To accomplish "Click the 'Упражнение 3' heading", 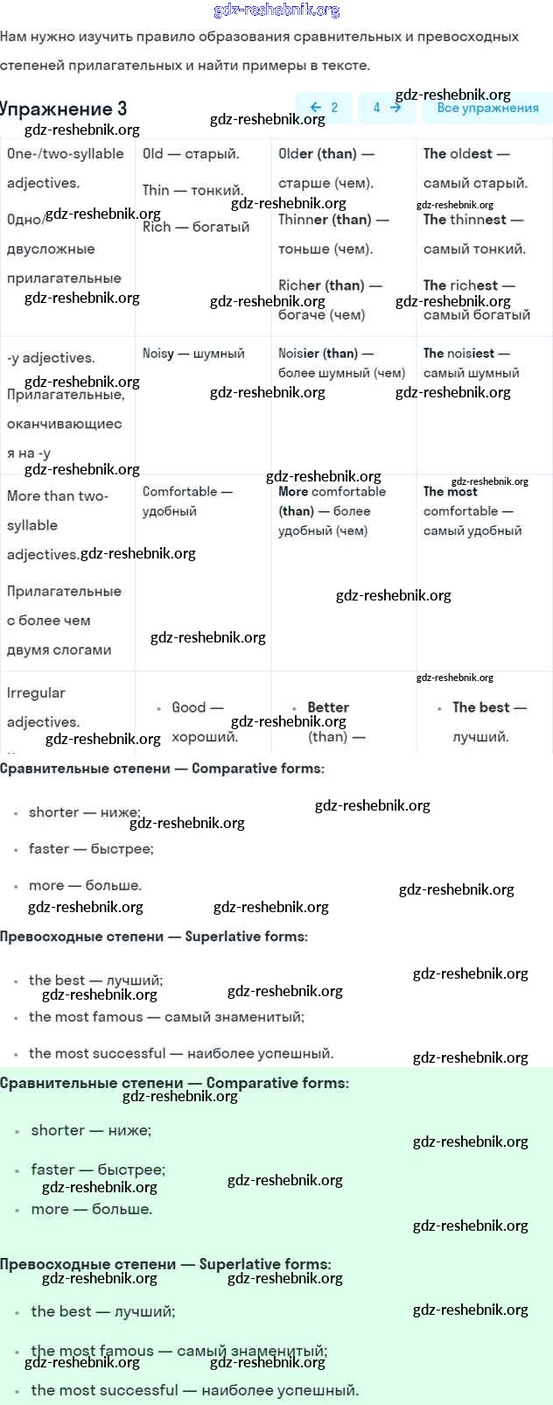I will [64, 109].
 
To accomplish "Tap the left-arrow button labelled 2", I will [324, 108].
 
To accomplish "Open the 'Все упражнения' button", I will [487, 108].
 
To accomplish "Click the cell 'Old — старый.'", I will [191, 153].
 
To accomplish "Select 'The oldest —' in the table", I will [465, 153].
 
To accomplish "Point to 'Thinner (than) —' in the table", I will [332, 220].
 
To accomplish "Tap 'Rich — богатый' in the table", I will [196, 227].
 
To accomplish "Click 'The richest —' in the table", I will [468, 285].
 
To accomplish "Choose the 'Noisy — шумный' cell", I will [193, 354].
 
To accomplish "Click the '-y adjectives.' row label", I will [51, 357].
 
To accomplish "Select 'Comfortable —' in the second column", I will [186, 492].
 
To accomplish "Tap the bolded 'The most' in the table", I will [450, 492].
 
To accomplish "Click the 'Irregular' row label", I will [36, 692].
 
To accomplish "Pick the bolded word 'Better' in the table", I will [328, 707].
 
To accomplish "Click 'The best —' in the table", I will [489, 707].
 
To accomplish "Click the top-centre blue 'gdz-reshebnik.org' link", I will [276, 11].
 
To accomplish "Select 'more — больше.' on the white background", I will [85, 885].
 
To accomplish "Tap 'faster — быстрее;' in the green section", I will [98, 1170].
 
